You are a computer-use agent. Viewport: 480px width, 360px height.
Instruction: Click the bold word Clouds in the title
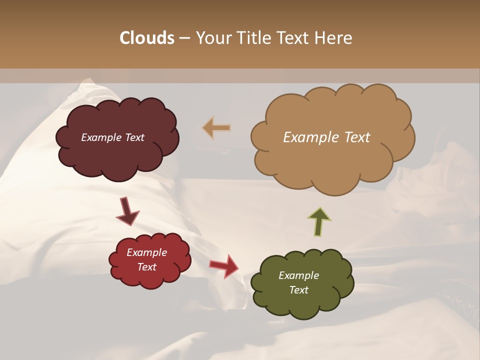point(147,38)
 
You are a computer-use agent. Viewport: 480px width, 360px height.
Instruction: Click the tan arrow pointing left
point(216,128)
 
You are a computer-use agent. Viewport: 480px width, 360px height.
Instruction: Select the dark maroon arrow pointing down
point(127,211)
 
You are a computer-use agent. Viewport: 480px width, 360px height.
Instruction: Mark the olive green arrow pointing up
point(319,221)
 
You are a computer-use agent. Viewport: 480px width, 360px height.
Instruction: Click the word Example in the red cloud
point(147,252)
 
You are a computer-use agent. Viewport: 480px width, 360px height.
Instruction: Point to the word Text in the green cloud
point(298,290)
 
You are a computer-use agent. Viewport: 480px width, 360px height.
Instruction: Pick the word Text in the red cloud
point(147,267)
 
